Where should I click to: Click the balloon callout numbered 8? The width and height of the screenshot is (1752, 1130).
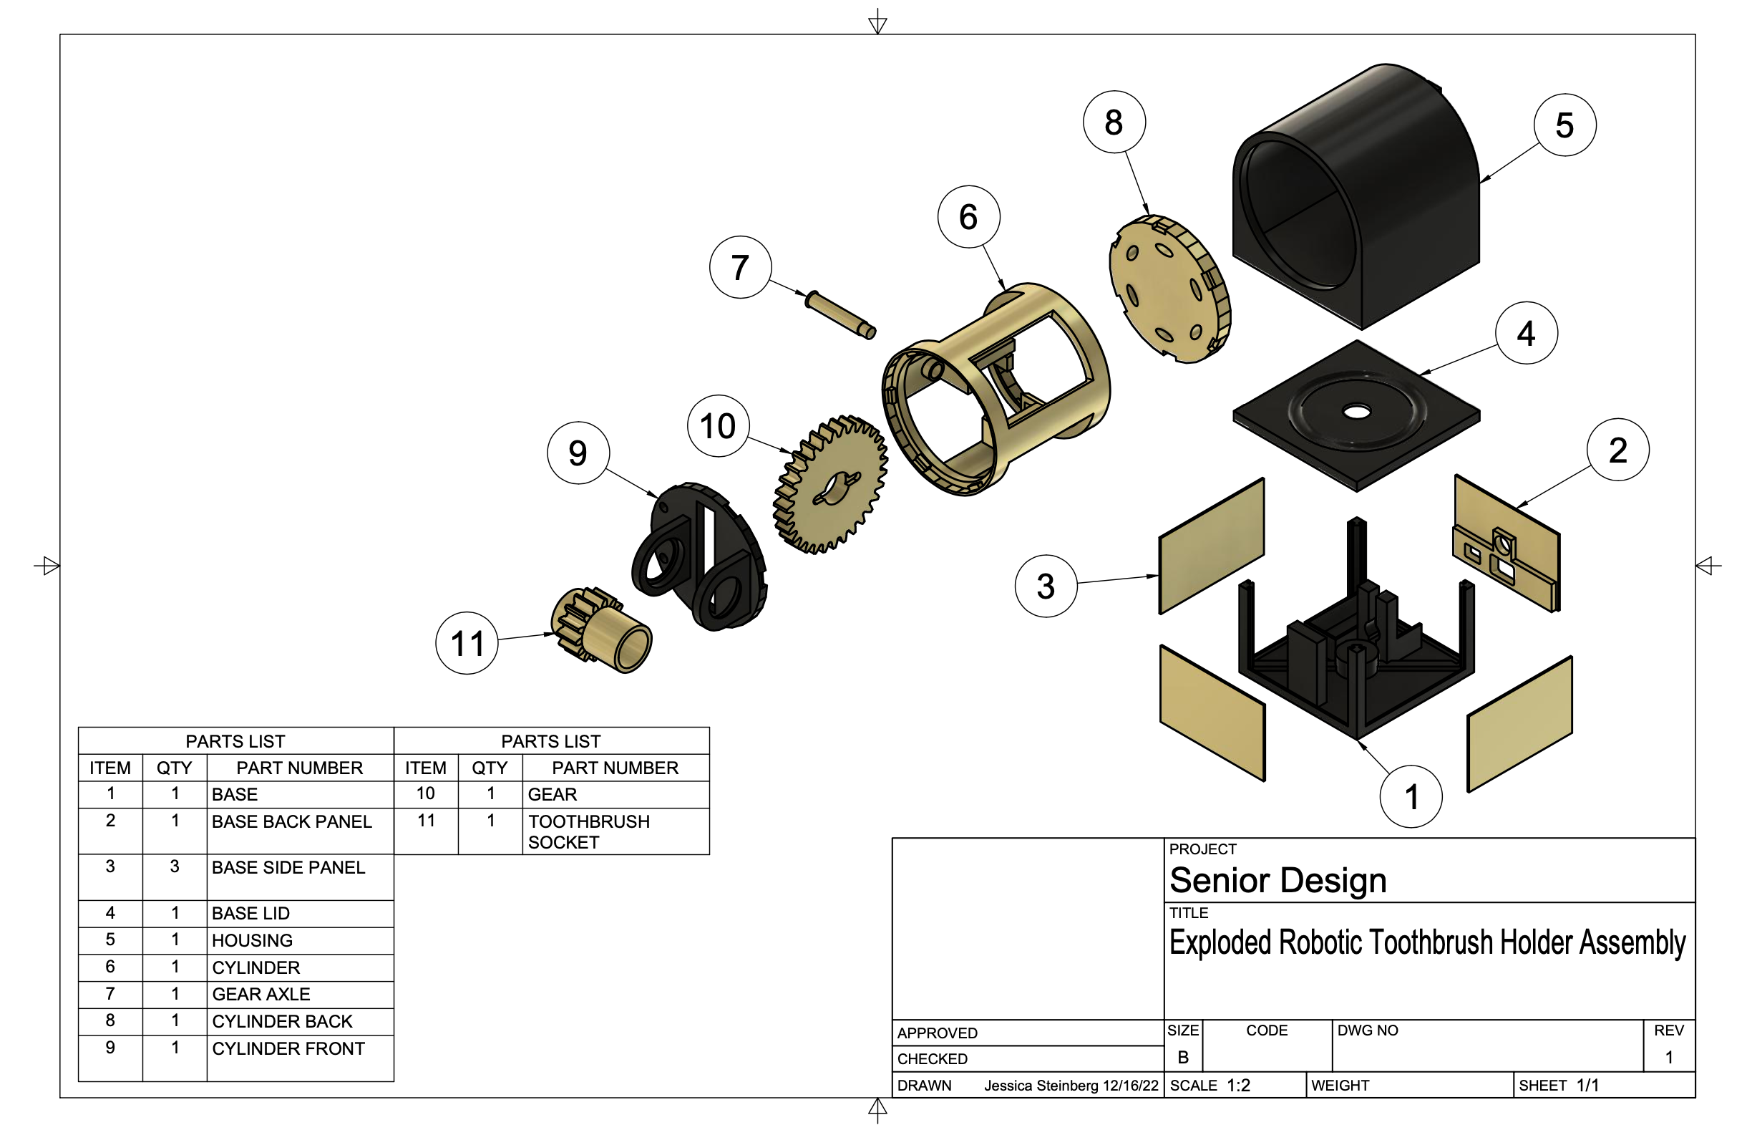pyautogui.click(x=1113, y=122)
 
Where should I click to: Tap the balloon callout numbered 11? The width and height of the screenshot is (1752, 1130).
pyautogui.click(x=467, y=644)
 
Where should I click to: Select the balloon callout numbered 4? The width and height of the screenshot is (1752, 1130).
pyautogui.click(x=1525, y=333)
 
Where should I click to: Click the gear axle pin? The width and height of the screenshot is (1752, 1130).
pyautogui.click(x=839, y=315)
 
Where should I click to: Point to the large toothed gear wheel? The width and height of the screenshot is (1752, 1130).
pyautogui.click(x=830, y=485)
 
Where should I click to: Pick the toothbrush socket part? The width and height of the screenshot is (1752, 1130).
pyautogui.click(x=601, y=629)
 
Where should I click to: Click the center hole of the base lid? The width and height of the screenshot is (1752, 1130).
pyautogui.click(x=1356, y=412)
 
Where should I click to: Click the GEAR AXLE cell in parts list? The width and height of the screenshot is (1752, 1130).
pyautogui.click(x=261, y=994)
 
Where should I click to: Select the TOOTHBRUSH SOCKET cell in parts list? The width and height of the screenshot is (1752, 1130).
pyautogui.click(x=588, y=831)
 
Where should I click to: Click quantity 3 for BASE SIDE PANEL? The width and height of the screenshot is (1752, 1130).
pyautogui.click(x=175, y=866)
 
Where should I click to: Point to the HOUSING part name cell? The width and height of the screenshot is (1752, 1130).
pyautogui.click(x=252, y=941)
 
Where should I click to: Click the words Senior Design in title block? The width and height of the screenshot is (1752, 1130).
pyautogui.click(x=1277, y=881)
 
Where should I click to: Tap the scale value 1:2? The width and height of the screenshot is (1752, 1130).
pyautogui.click(x=1238, y=1085)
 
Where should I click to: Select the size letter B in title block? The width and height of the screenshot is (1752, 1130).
pyautogui.click(x=1182, y=1058)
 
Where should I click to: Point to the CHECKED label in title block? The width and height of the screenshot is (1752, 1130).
pyautogui.click(x=932, y=1059)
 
